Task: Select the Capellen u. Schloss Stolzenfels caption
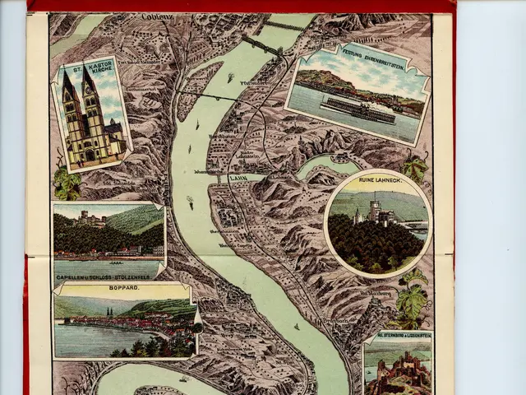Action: [108, 276]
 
